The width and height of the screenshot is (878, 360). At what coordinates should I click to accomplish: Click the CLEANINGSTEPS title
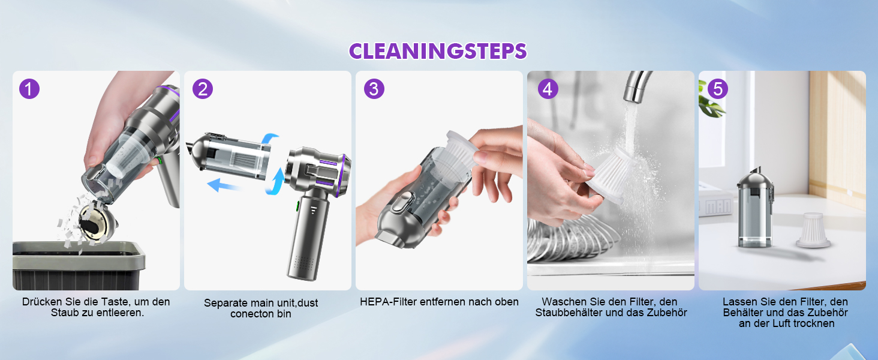pos(438,52)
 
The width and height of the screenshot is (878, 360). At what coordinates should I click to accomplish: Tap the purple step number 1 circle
pos(29,89)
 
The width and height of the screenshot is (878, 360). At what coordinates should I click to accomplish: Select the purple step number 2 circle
pos(202,89)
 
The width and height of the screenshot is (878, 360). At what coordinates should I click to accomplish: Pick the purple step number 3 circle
pos(374,89)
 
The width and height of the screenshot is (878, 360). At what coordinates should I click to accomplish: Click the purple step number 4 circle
pos(548,89)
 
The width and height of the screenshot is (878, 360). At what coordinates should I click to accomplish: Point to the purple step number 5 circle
pos(718,89)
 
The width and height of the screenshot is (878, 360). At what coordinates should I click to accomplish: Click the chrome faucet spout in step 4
pos(637,86)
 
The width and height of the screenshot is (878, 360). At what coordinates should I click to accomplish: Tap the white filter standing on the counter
pos(813,230)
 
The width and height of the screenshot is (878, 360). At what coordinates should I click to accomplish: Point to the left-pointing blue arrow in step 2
pos(224,185)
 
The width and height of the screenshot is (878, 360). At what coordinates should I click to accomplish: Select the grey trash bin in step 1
pos(79,265)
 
